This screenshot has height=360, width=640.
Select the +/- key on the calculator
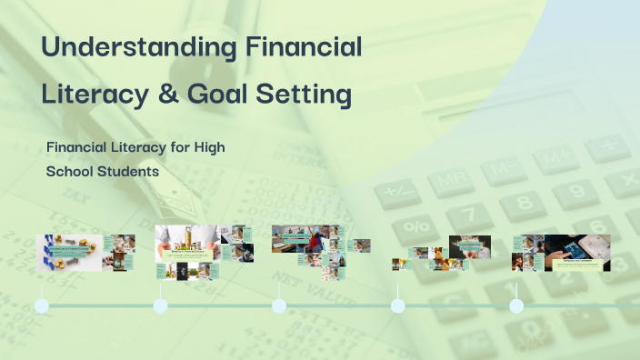[400, 191]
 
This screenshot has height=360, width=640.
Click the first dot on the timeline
[41, 305]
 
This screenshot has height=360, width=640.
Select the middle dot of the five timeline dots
[279, 305]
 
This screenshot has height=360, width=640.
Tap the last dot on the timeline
[516, 305]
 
